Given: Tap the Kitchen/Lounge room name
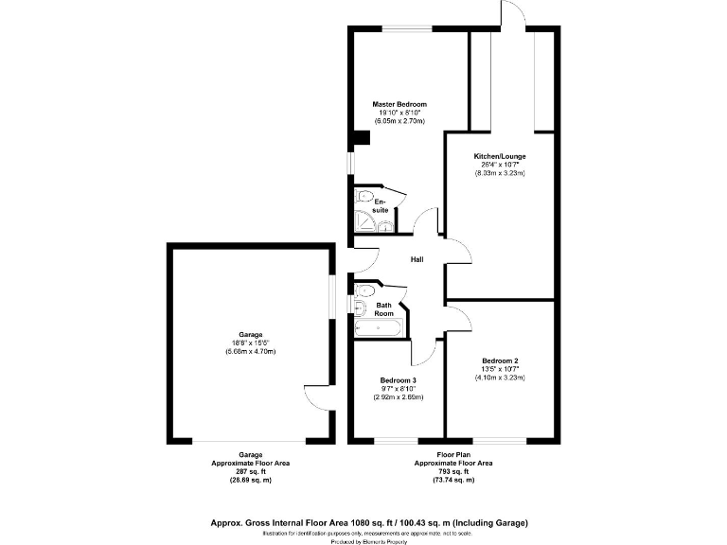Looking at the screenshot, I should [x=500, y=156].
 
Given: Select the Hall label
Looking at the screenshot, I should [x=417, y=259].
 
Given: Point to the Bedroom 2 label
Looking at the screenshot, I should [x=500, y=360].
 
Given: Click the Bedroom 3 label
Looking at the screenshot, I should [x=398, y=380].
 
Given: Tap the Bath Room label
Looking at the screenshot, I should [x=384, y=309].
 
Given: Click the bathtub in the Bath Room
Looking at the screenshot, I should [x=378, y=328].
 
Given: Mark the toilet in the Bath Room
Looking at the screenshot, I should [x=360, y=306].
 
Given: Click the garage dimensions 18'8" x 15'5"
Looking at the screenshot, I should [x=251, y=343].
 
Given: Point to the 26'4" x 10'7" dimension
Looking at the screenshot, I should [x=500, y=165].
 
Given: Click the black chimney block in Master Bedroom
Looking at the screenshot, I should [x=358, y=138].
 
